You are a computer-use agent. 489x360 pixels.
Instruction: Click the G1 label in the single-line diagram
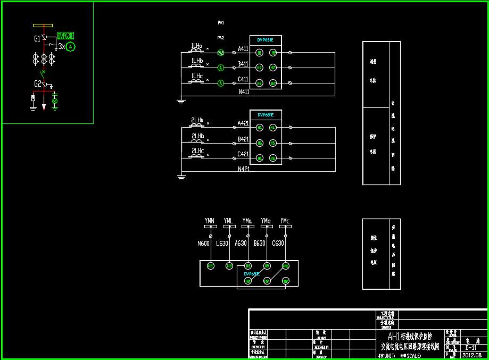pos(37,39)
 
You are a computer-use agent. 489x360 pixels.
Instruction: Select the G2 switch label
pos(37,84)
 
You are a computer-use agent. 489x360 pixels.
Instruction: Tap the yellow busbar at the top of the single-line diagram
pos(43,25)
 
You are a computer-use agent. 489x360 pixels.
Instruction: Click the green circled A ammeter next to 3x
pos(71,47)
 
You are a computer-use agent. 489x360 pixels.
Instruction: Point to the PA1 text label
pos(221,23)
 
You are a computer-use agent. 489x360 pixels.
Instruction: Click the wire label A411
pos(243,49)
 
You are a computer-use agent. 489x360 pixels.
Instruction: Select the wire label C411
pos(243,79)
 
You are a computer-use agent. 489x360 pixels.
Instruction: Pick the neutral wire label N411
pos(244,92)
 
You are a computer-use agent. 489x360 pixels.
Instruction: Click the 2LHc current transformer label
pos(197,151)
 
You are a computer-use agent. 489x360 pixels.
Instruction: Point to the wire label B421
pos(243,139)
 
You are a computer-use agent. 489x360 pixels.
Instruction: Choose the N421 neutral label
pos(244,169)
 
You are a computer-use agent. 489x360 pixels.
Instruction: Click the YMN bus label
pos(210,221)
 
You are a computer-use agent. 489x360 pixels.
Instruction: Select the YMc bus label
pos(285,221)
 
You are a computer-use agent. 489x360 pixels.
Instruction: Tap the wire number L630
pos(222,244)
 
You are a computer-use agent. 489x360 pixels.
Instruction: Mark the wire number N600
pos(203,244)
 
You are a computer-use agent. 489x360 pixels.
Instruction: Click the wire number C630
pos(278,244)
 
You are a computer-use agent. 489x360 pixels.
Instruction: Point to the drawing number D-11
pos(470,348)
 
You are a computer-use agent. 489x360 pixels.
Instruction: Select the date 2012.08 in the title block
pos(472,355)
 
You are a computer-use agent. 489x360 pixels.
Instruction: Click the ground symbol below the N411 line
pos(181,99)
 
